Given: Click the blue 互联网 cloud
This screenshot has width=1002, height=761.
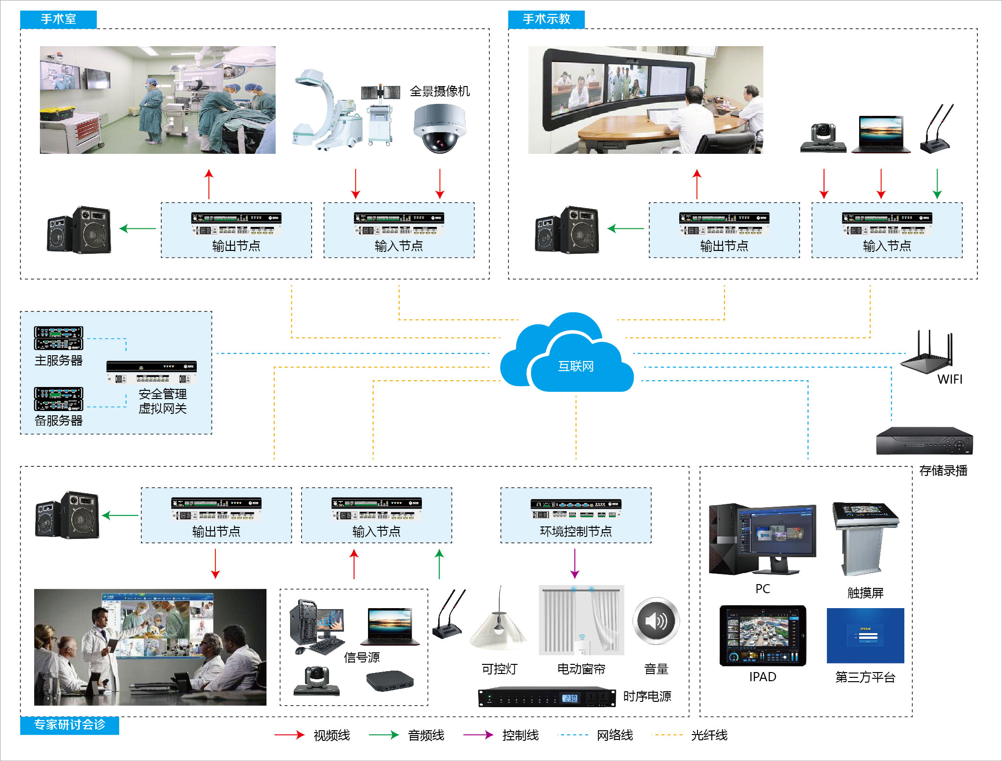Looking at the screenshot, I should point(568,356).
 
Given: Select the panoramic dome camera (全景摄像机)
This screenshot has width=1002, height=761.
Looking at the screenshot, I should point(439,128).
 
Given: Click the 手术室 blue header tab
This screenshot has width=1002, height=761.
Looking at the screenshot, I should point(58,19).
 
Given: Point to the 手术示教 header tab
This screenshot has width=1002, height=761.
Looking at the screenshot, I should point(546,19).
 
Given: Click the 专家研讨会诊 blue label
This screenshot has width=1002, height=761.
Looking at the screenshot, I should point(69,725).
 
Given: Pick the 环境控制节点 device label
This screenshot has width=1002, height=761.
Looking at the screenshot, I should point(576,531).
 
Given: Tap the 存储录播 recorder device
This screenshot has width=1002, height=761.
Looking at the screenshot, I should point(924,441).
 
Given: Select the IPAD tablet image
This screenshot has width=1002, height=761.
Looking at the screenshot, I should point(762,636).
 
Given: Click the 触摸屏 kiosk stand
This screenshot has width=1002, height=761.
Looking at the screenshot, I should point(865,538).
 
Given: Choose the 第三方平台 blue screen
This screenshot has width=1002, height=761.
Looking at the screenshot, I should point(865,636).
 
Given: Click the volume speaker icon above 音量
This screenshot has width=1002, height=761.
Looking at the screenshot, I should point(656,621).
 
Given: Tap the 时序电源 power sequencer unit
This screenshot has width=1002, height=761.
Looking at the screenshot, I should point(546,698).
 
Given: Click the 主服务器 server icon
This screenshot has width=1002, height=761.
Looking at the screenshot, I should point(58,338).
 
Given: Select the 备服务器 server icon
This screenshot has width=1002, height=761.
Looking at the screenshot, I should point(58,399).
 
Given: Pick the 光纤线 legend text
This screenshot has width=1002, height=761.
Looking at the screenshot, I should point(709,735).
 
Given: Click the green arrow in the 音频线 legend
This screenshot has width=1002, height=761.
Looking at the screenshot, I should point(384,735).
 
